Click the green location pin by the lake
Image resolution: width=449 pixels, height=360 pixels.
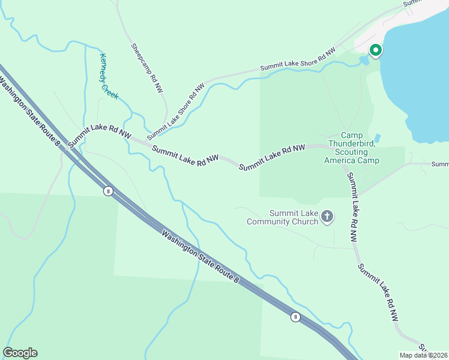(376, 51)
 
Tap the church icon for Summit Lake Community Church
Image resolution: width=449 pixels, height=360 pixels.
(327, 216)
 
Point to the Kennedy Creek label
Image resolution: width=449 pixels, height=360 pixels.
(109, 76)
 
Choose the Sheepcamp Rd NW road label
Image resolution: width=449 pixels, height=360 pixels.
(146, 67)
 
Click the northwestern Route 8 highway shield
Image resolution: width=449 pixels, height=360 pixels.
(107, 191)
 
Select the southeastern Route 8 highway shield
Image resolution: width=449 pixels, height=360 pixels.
(295, 317)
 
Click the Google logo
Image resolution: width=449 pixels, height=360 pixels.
(20, 353)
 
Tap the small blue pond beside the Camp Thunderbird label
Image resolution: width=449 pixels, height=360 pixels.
(377, 138)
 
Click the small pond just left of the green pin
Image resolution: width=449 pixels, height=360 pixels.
(364, 60)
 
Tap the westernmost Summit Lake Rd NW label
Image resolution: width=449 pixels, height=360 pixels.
(99, 136)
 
